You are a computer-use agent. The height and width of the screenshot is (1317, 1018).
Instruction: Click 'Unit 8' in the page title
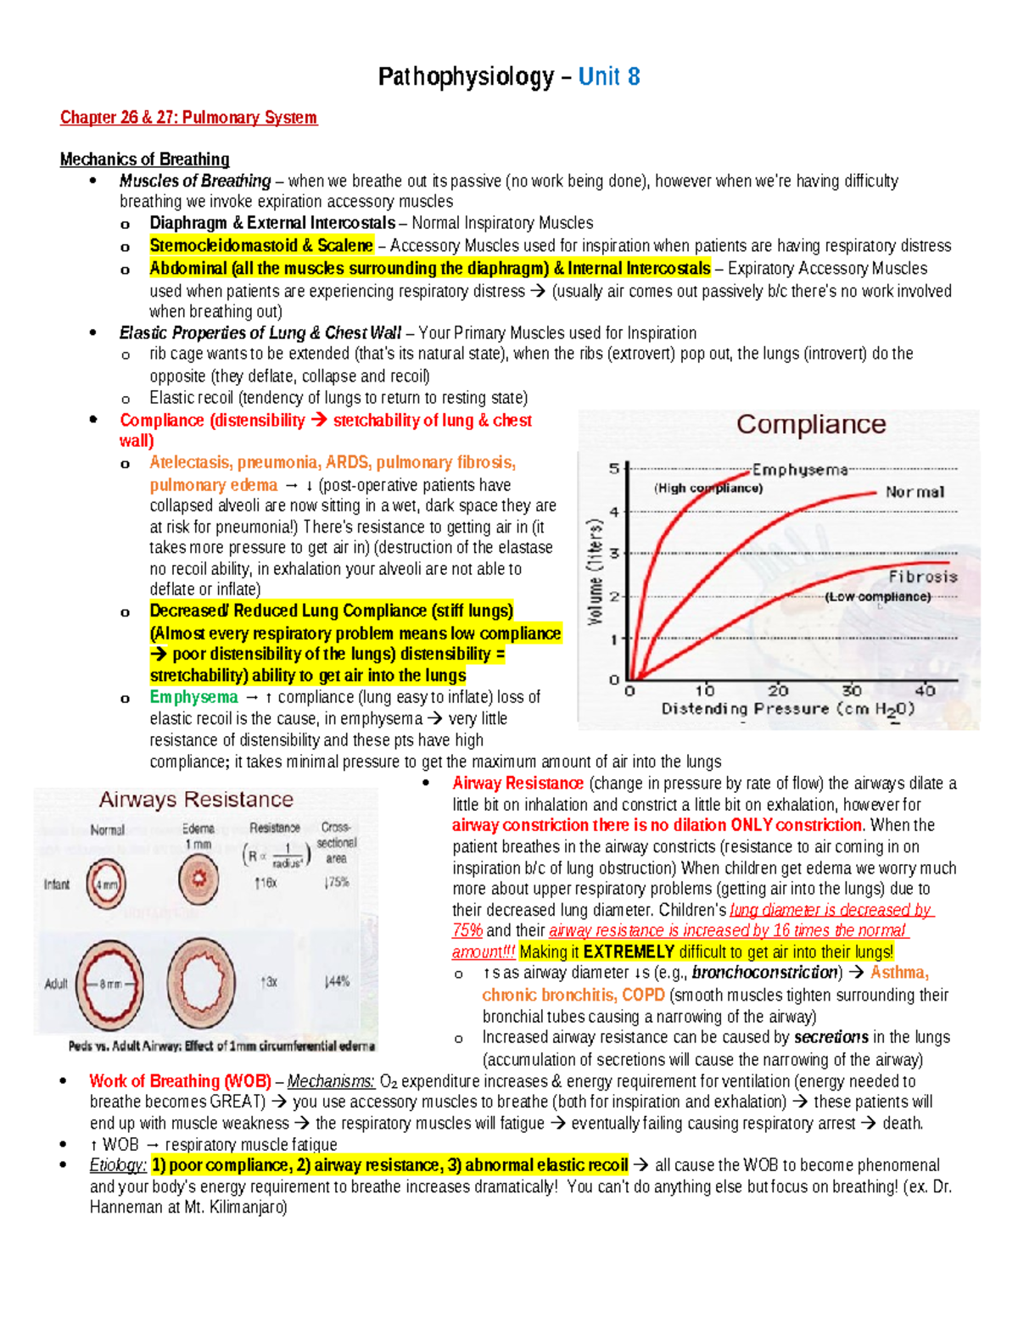pos(608,77)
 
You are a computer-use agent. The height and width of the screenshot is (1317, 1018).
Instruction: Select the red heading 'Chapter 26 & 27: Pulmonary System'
pos(188,117)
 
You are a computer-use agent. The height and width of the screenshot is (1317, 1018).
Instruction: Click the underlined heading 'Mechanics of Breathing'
pos(144,159)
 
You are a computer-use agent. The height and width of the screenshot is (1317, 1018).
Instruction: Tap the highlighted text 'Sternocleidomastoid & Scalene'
pos(261,246)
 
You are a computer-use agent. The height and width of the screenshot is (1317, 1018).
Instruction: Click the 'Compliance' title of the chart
pos(810,424)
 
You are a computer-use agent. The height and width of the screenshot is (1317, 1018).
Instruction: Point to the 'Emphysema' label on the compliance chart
pos(799,469)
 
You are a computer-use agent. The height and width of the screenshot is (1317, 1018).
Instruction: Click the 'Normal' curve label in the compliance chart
pos(914,492)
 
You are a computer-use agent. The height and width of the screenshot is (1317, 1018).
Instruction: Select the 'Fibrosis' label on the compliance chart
pos(922,577)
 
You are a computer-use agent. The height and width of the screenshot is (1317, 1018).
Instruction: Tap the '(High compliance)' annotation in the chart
pos(708,488)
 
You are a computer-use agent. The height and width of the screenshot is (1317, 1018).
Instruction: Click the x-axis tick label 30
pos(851,691)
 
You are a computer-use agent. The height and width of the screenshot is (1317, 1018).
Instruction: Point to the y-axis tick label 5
pos(613,469)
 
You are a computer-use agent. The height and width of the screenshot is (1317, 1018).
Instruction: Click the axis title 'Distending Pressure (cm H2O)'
pos(787,710)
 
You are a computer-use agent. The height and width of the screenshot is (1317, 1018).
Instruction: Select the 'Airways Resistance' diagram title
pos(196,800)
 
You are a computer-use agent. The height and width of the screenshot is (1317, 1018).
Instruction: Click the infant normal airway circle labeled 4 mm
pos(107,883)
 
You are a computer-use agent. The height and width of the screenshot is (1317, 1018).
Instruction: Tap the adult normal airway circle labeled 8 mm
pos(109,984)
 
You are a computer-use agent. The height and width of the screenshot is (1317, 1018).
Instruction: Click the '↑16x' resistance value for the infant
pos(265,883)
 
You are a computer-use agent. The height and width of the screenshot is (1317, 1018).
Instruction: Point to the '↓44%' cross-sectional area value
pos(336,981)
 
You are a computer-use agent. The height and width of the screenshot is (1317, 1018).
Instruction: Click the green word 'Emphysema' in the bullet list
pos(193,697)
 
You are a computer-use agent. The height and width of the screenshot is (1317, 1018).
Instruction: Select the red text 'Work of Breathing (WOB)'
pos(180,1081)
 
